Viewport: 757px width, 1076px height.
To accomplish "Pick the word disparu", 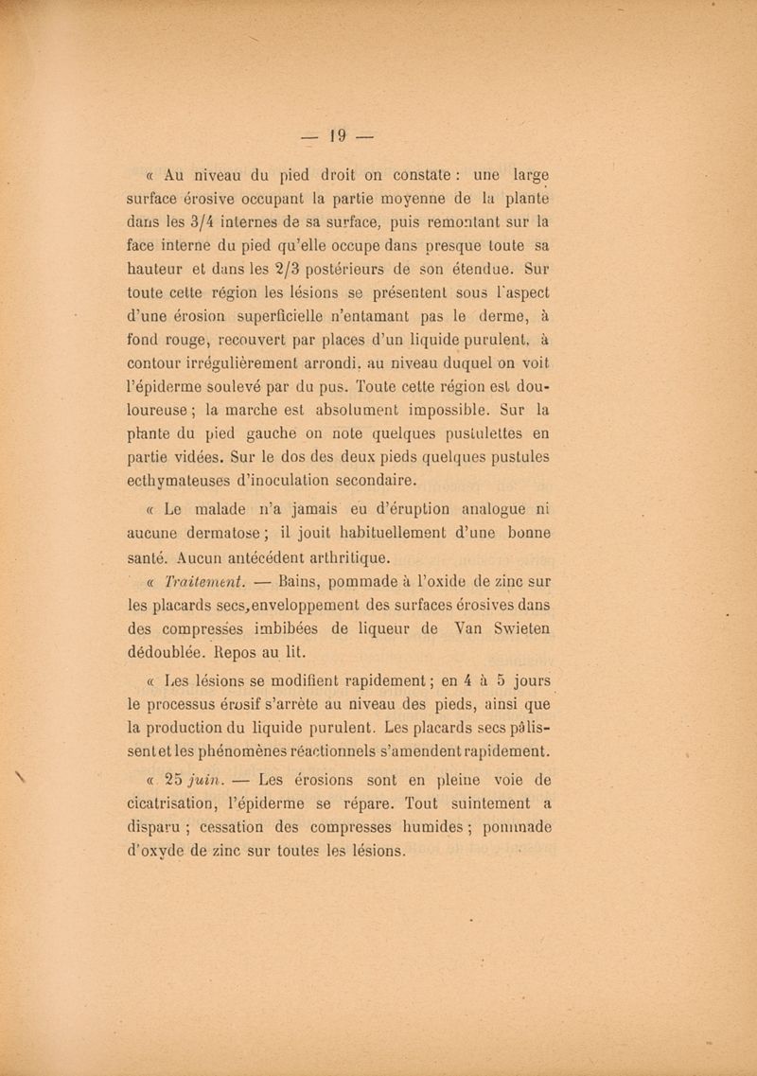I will pos(156,827).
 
